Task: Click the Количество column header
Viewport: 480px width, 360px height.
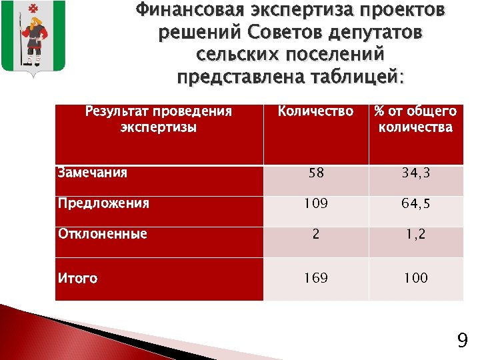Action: click(x=315, y=111)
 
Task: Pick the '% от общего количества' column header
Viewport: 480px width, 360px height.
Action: click(x=415, y=119)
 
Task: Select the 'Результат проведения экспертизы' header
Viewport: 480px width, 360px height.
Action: click(x=159, y=119)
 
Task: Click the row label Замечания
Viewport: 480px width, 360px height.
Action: click(x=92, y=173)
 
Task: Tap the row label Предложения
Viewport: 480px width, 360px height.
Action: click(x=103, y=203)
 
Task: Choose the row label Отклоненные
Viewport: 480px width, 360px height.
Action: click(x=102, y=234)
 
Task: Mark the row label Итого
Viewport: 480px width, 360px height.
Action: click(x=77, y=278)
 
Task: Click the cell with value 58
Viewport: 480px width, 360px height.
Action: click(x=315, y=173)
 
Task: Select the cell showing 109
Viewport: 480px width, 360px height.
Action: click(x=315, y=204)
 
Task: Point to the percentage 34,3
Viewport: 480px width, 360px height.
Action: click(x=415, y=173)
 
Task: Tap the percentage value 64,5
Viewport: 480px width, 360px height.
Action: click(x=415, y=204)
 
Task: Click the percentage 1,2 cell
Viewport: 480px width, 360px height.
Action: click(x=415, y=235)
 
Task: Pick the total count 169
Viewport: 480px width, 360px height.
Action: click(x=315, y=278)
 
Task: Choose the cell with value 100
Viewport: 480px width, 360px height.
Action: click(x=415, y=278)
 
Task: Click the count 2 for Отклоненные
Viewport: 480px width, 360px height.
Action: click(x=315, y=235)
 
